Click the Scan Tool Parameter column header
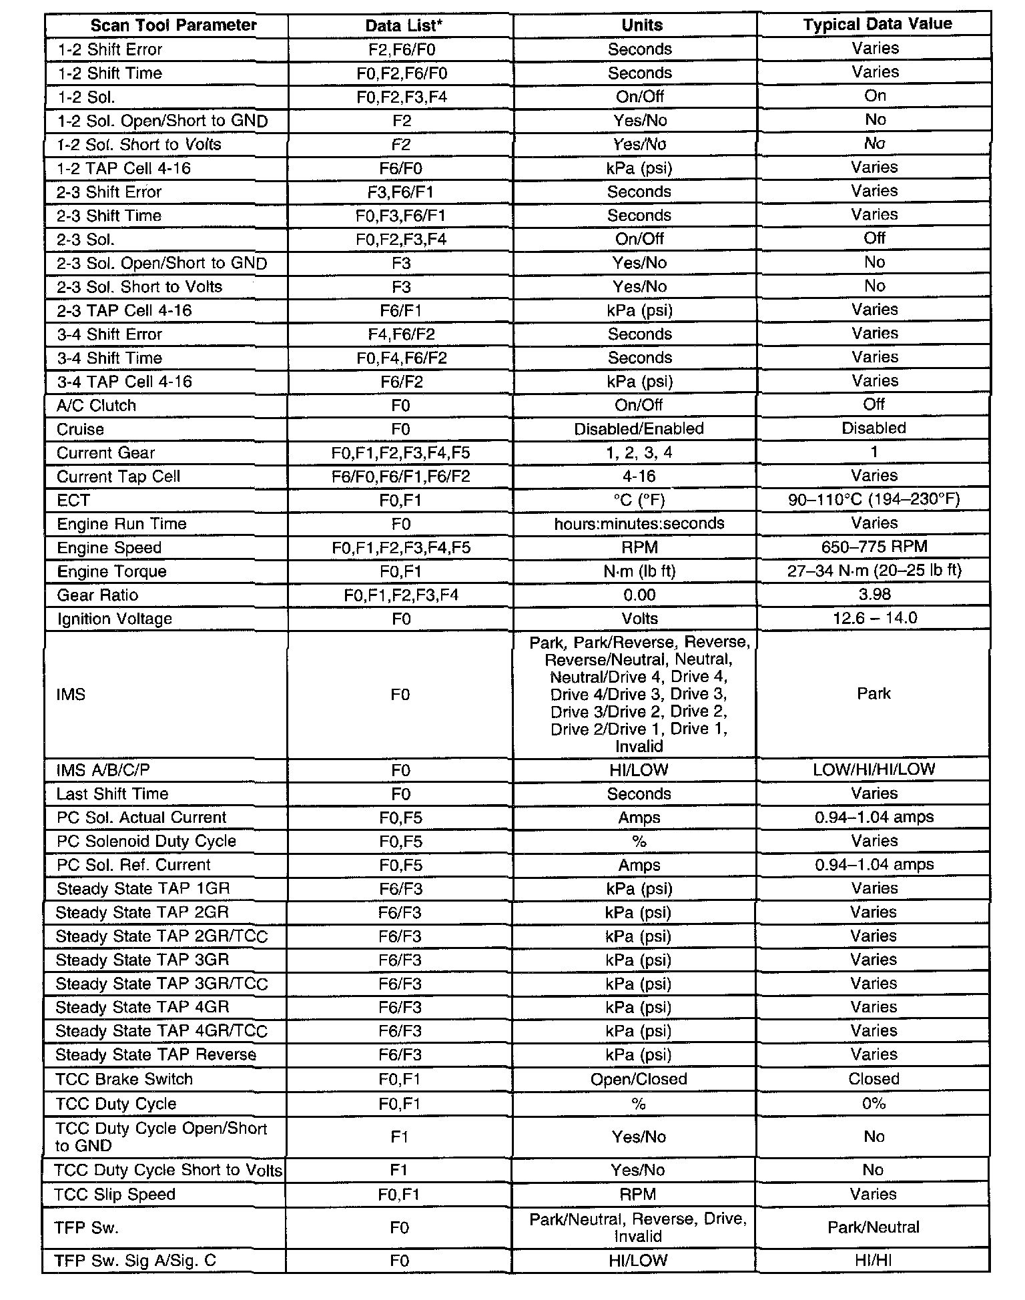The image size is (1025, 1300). [173, 25]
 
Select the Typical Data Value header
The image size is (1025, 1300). [877, 25]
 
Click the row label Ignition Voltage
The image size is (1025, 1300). [114, 619]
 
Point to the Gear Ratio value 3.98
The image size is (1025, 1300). [875, 595]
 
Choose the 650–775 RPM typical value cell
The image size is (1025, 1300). [874, 547]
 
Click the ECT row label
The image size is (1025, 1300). [73, 501]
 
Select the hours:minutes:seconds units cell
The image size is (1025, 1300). [639, 524]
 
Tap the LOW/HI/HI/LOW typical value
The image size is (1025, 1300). [874, 769]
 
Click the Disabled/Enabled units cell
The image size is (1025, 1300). [639, 429]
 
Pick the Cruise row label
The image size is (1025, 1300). [80, 429]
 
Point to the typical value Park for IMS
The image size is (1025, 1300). [874, 694]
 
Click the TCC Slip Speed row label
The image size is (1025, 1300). [115, 1195]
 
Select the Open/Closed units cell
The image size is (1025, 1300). [639, 1079]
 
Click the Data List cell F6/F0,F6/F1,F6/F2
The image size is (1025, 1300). [400, 476]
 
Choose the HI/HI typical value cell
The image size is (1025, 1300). [873, 1261]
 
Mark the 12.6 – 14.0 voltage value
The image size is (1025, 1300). [875, 618]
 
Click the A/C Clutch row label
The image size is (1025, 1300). [96, 406]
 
